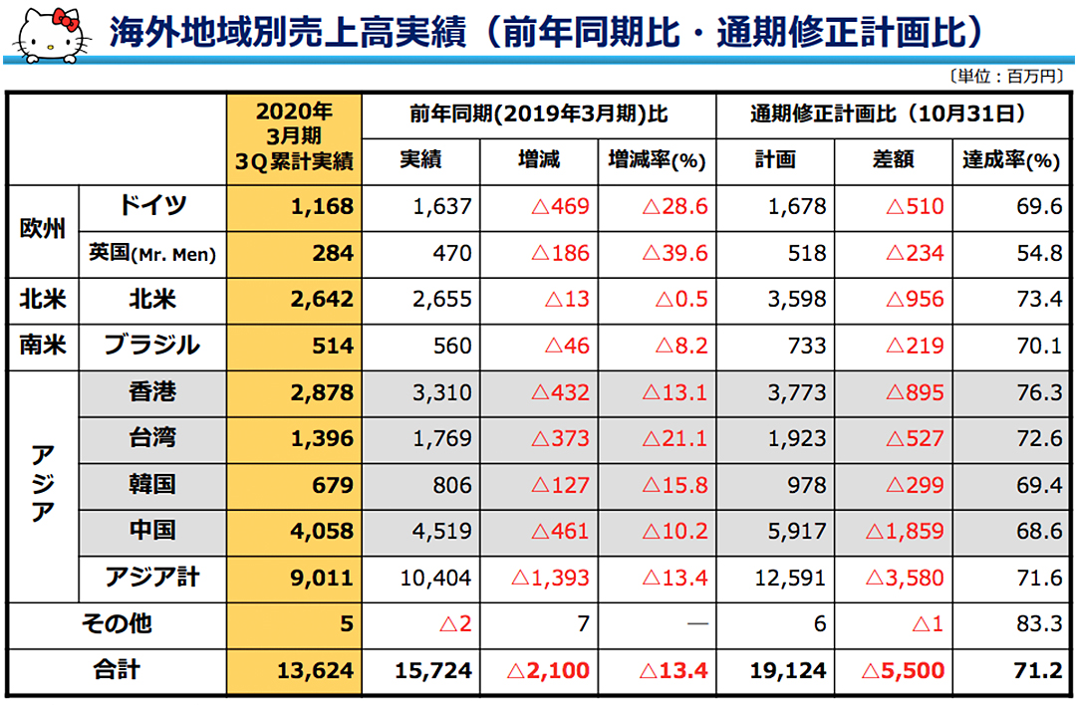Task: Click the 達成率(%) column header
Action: pos(1010,160)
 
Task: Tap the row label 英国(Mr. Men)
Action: pos(152,254)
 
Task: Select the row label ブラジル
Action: pos(152,346)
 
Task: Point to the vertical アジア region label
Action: pos(42,485)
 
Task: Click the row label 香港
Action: pos(152,392)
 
